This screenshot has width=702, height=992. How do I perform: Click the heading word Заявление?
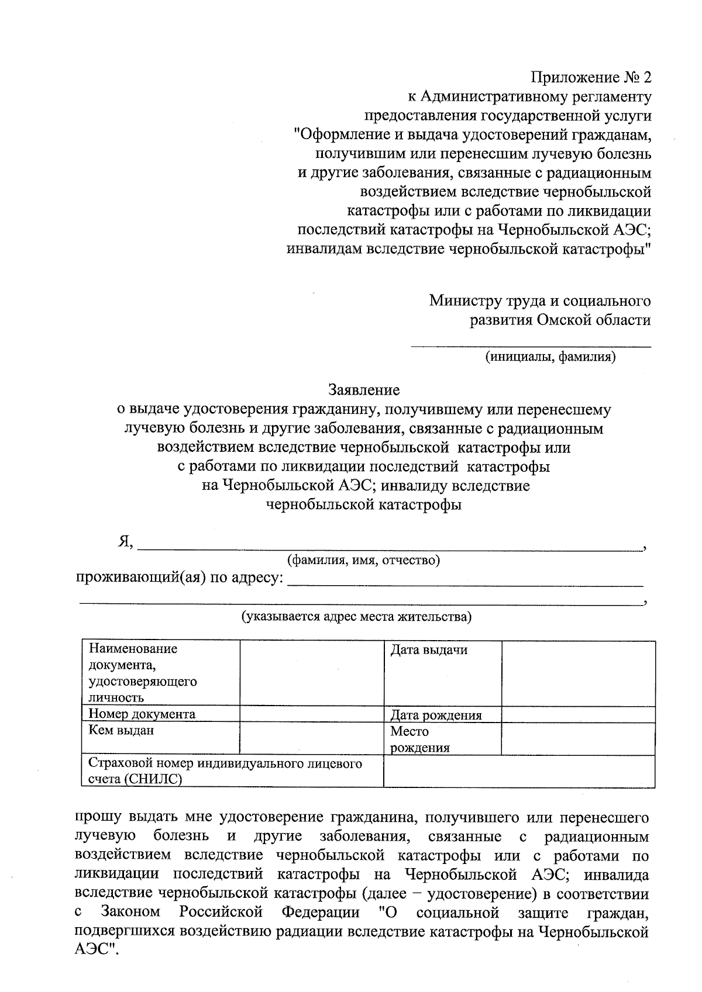(364, 390)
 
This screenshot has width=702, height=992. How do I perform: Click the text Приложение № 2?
(590, 77)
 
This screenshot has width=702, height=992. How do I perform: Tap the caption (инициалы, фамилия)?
(549, 357)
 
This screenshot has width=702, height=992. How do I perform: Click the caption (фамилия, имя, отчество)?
(363, 561)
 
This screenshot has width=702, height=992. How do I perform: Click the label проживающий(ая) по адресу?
(180, 579)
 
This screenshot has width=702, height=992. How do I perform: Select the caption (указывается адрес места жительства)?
(357, 617)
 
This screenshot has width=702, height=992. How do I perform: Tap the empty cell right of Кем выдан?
(311, 738)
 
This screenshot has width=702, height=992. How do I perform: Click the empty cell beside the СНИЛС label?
(519, 771)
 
